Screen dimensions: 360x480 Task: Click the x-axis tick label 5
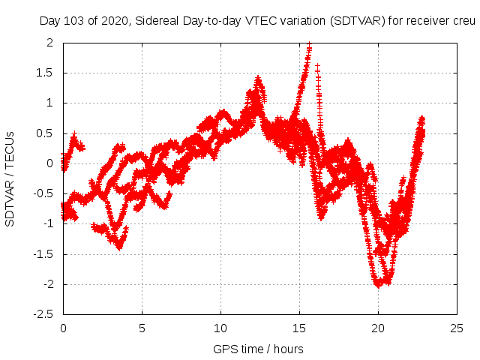pyautogui.click(x=142, y=328)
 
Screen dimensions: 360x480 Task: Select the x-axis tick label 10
pyautogui.click(x=220, y=328)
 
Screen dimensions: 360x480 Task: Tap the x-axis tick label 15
pyautogui.click(x=299, y=328)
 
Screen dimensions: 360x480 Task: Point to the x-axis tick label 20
pyautogui.click(x=378, y=328)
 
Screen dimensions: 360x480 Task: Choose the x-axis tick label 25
pyautogui.click(x=457, y=328)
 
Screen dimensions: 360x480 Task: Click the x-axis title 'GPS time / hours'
pyautogui.click(x=258, y=349)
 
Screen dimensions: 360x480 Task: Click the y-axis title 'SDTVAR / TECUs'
pyautogui.click(x=10, y=178)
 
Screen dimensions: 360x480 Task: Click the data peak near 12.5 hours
pyautogui.click(x=259, y=79)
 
